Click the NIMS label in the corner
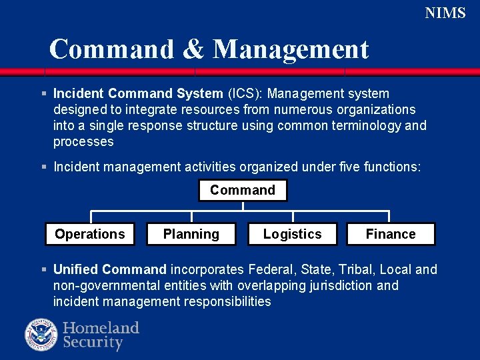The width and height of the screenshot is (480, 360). pyautogui.click(x=445, y=13)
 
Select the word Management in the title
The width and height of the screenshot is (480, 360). pyautogui.click(x=291, y=49)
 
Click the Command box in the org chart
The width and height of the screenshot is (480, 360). pyautogui.click(x=243, y=190)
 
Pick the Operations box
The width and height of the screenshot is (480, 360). pyautogui.click(x=90, y=234)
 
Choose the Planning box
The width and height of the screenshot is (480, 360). pyautogui.click(x=191, y=234)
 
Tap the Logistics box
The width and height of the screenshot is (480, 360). pyautogui.click(x=292, y=234)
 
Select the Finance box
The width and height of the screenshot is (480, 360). pyautogui.click(x=391, y=234)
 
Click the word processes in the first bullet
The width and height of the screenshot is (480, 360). pyautogui.click(x=83, y=141)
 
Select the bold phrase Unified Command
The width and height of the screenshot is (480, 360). pyautogui.click(x=109, y=269)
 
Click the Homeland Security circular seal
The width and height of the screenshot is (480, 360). pyautogui.click(x=41, y=335)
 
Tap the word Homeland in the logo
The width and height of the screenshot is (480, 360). pyautogui.click(x=101, y=328)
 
